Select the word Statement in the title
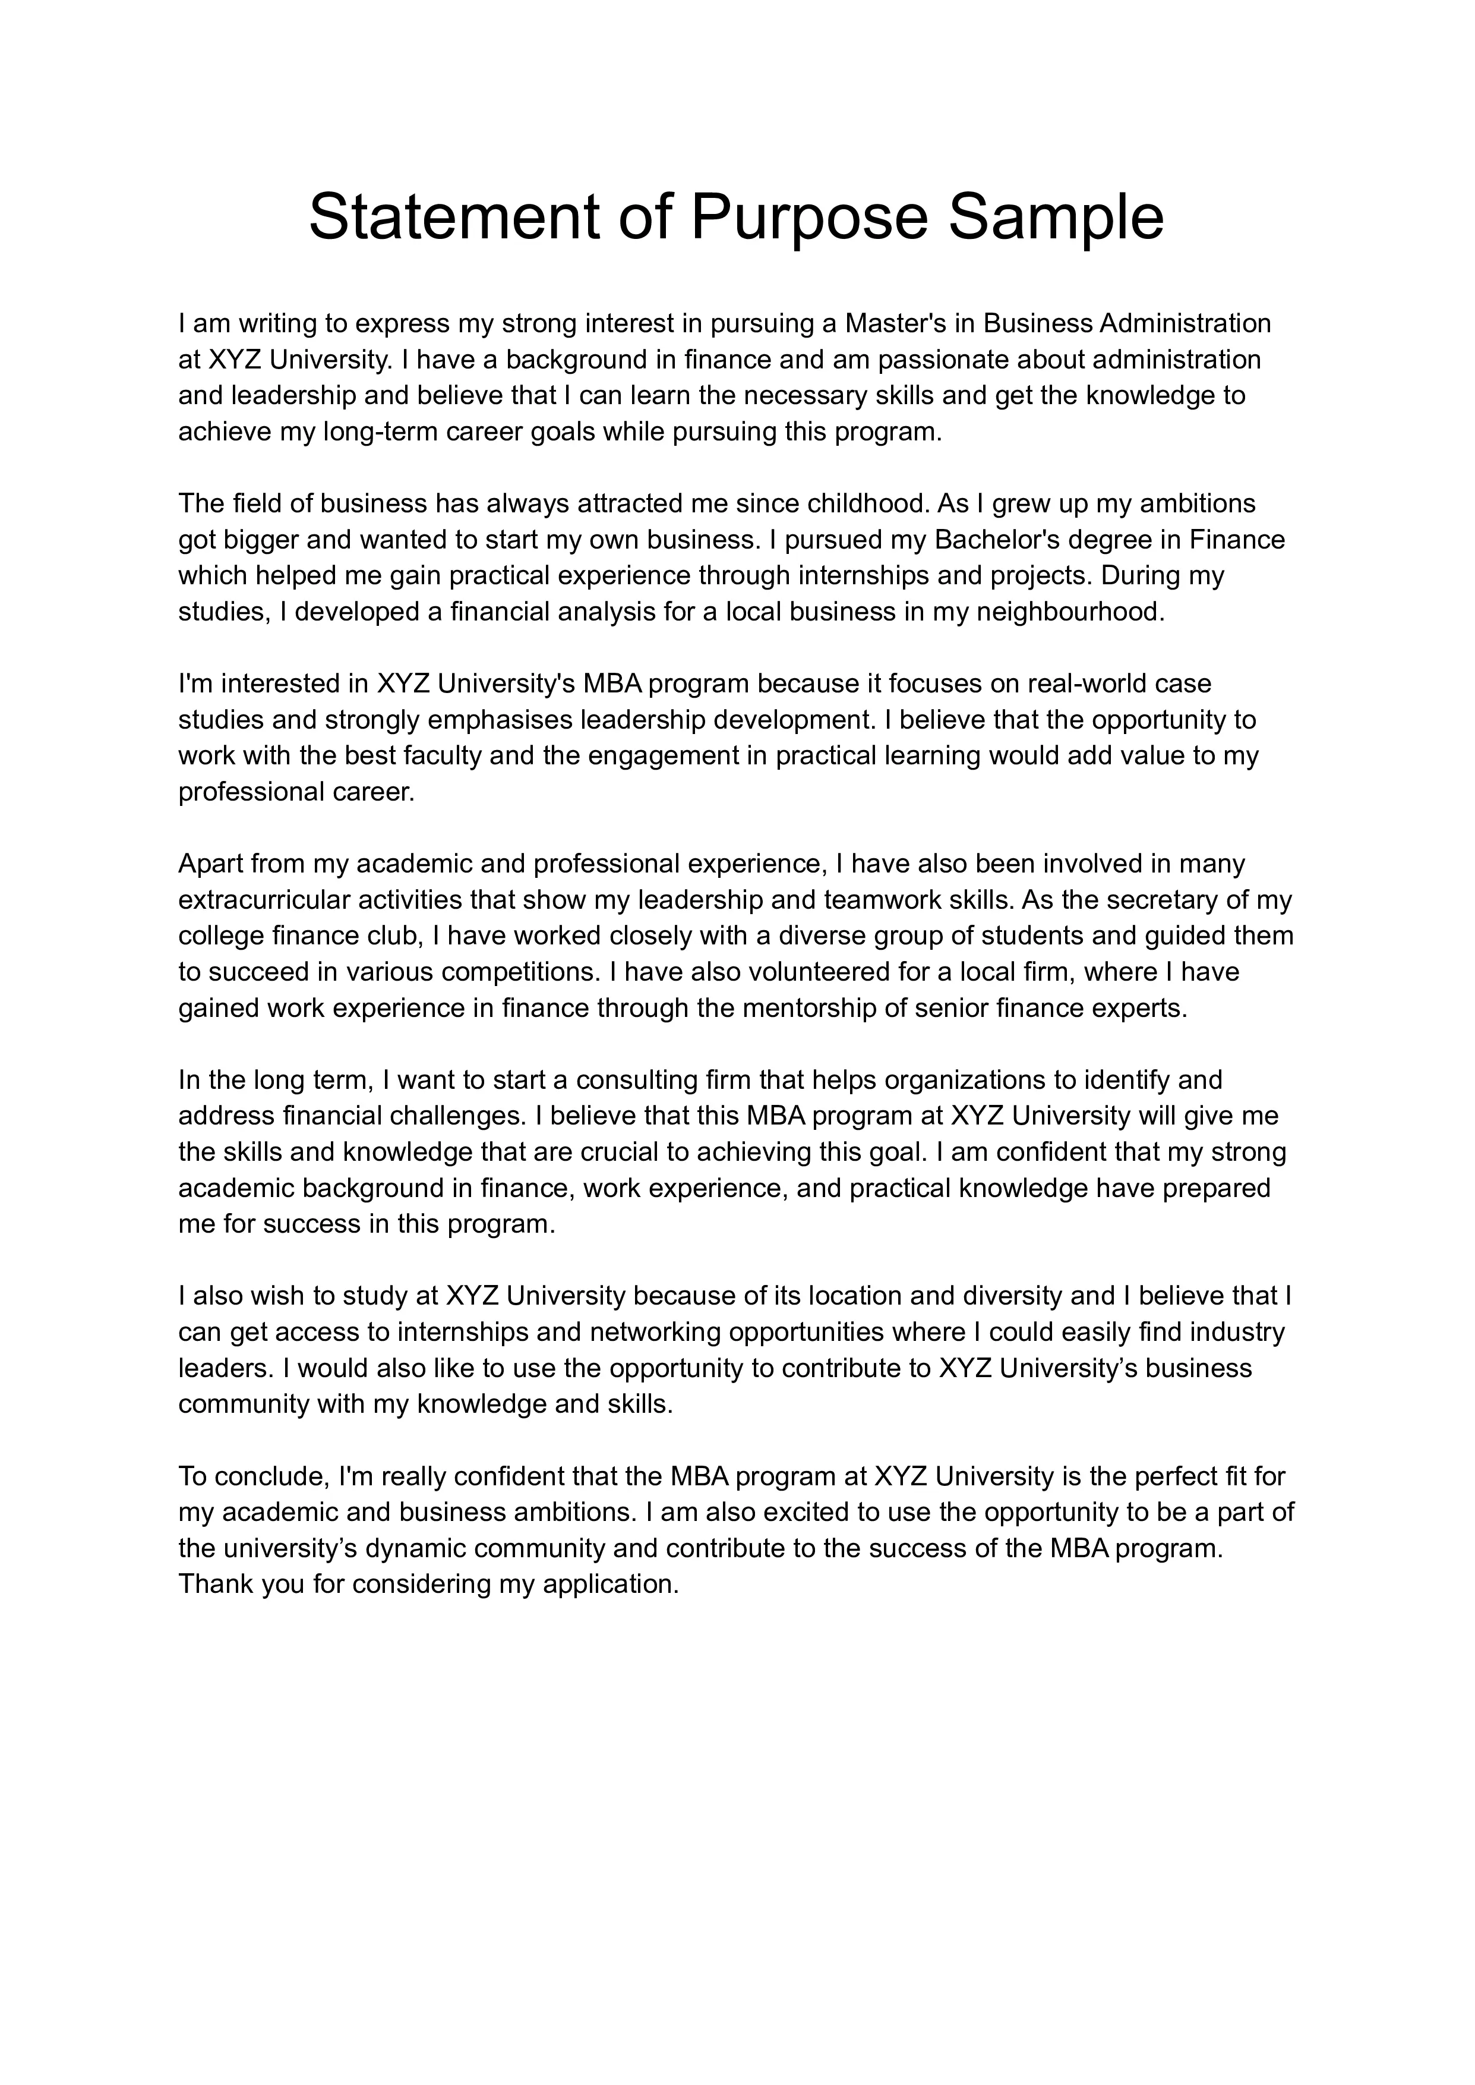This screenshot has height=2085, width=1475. point(454,218)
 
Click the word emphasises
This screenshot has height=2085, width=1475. point(500,720)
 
